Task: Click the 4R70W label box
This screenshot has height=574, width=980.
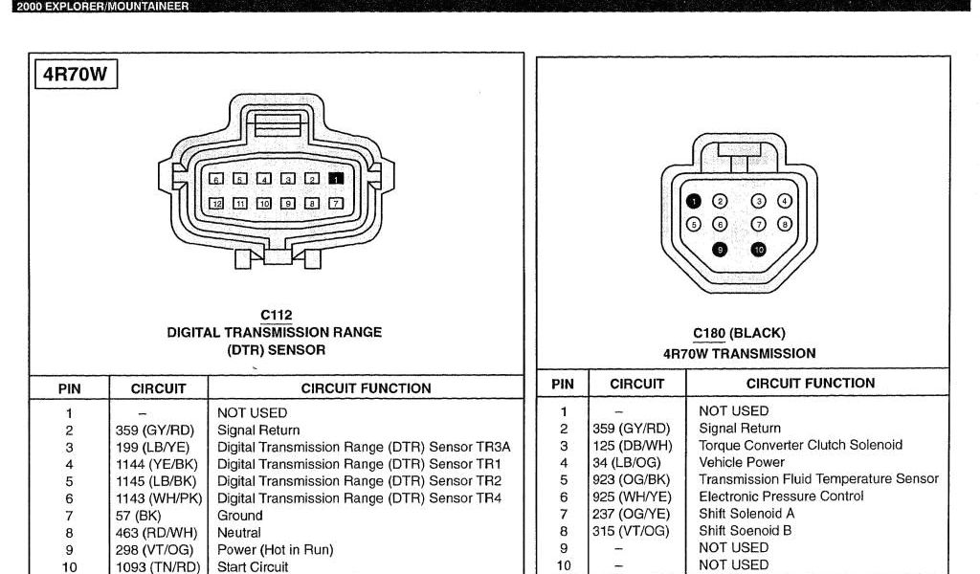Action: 75,76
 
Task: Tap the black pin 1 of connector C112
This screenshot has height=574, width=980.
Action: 336,178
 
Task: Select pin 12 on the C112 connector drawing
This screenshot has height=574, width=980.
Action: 217,203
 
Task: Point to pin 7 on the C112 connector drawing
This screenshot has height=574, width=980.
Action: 336,203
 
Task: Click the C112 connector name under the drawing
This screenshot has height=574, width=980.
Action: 276,316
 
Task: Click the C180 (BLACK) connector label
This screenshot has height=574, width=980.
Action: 739,334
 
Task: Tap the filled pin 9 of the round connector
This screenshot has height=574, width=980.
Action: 721,250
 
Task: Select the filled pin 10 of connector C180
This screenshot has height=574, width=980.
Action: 759,250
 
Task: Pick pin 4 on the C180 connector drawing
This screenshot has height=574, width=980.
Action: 785,201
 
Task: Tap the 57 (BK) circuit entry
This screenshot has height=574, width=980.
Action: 140,516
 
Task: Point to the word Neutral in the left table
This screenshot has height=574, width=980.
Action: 239,533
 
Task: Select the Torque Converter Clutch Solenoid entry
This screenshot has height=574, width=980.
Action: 800,446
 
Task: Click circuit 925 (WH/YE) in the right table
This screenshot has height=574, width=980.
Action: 632,497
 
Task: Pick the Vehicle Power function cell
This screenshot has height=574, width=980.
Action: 742,462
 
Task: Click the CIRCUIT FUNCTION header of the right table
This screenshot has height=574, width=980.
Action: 811,384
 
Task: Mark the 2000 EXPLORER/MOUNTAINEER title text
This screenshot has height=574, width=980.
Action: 102,6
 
